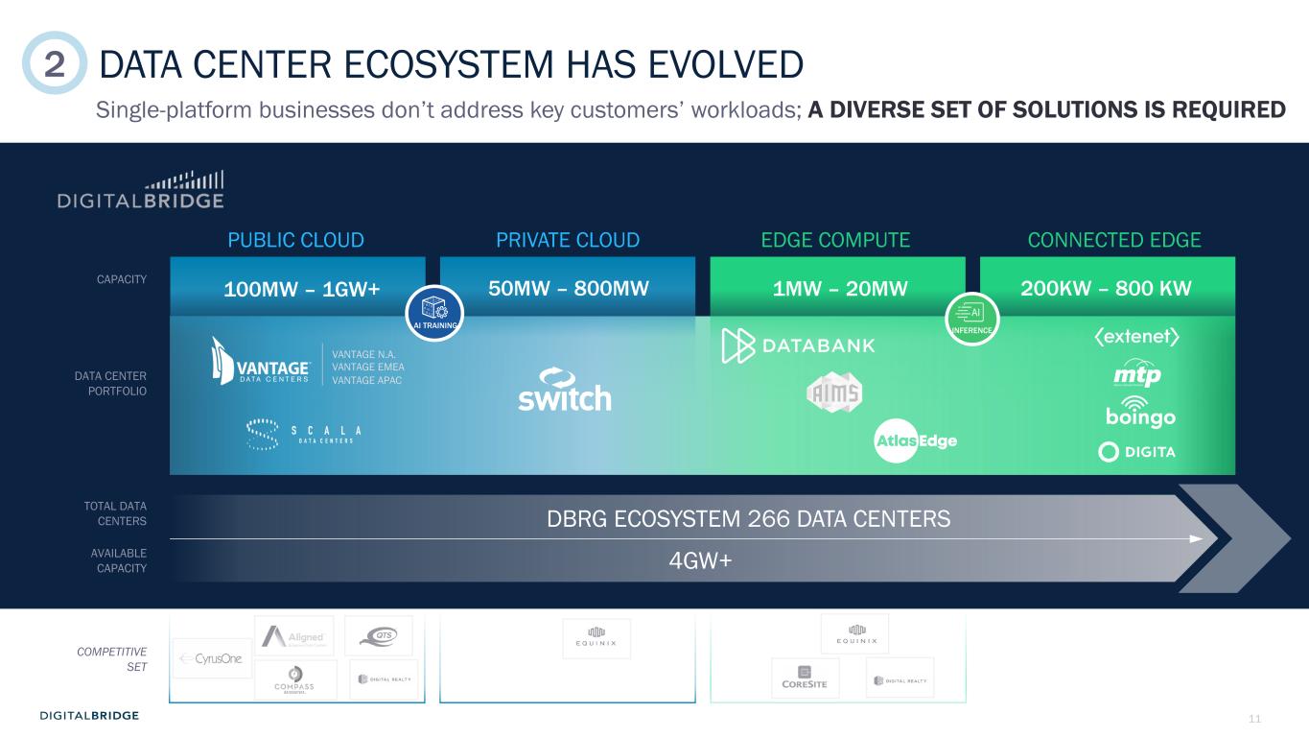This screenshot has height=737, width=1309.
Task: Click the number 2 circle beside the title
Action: point(54,63)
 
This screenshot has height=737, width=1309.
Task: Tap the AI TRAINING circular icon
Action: point(434,313)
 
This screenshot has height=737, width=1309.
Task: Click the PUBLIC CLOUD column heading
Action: point(295,240)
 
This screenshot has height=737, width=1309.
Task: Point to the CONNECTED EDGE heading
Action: point(1113,240)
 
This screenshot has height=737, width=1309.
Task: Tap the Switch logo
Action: point(564,390)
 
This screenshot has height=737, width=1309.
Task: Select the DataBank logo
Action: point(798,345)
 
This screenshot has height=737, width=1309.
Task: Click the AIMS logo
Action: point(833,392)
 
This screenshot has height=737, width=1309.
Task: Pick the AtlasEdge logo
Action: point(915,441)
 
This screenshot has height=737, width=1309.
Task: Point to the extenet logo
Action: point(1135,337)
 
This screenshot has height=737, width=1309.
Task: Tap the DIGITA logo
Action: point(1136,452)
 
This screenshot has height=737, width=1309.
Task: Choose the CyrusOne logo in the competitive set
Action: point(212,658)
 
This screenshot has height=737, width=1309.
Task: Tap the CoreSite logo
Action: point(805,678)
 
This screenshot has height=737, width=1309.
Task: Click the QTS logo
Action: point(378,635)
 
